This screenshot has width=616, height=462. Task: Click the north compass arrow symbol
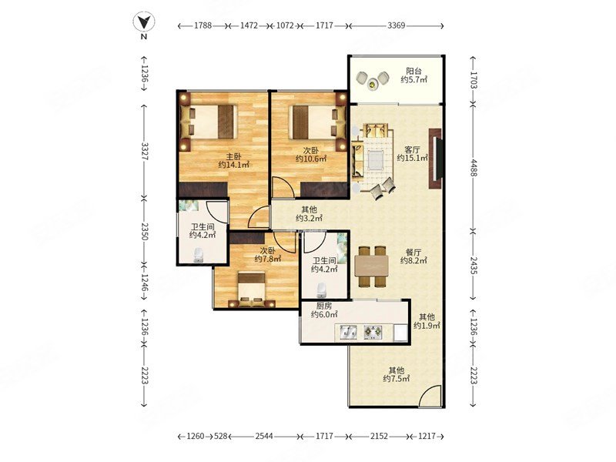pyautogui.click(x=144, y=22)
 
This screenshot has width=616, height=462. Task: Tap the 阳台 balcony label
pyautogui.click(x=413, y=71)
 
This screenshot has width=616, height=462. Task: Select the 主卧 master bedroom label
pyautogui.click(x=234, y=156)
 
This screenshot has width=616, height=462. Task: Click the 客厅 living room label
pyautogui.click(x=413, y=149)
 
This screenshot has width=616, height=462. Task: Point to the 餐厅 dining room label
pyautogui.click(x=413, y=253)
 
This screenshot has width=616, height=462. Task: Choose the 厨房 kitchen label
pyautogui.click(x=324, y=306)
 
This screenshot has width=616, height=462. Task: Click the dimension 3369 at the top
pyautogui.click(x=396, y=25)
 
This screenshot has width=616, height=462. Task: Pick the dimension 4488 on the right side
pyautogui.click(x=474, y=167)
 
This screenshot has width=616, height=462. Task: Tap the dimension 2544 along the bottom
pyautogui.click(x=264, y=436)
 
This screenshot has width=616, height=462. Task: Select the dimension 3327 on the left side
pyautogui.click(x=144, y=151)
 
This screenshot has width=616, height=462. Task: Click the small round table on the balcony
pyautogui.click(x=372, y=83)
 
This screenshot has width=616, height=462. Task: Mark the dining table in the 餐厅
pyautogui.click(x=371, y=266)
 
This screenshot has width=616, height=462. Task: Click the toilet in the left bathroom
pyautogui.click(x=199, y=256)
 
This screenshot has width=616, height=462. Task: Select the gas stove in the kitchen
pyautogui.click(x=373, y=333)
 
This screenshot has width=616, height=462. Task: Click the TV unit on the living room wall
pyautogui.click(x=436, y=159)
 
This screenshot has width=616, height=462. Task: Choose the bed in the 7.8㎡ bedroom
pyautogui.click(x=252, y=290)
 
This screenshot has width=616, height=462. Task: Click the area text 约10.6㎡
pyautogui.click(x=311, y=159)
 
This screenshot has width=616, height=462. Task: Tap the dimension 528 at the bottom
pyautogui.click(x=221, y=436)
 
